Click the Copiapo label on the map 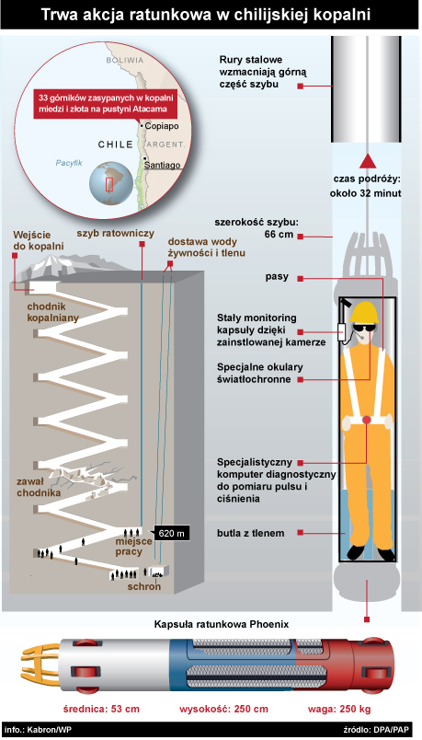[162, 126]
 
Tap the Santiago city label [162, 165]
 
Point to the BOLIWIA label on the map [125, 61]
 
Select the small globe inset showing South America [109, 183]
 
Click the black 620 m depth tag [171, 534]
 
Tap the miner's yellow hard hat [363, 312]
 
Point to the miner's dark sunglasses [365, 329]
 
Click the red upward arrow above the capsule [368, 161]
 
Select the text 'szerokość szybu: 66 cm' [257, 228]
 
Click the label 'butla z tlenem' [251, 533]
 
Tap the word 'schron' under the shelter [143, 586]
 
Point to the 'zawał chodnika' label [39, 487]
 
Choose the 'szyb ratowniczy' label [116, 233]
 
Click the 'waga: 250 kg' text [339, 709]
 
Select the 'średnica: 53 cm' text [102, 709]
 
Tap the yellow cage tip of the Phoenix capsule [40, 664]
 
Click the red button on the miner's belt [367, 419]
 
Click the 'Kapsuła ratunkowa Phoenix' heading [222, 624]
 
